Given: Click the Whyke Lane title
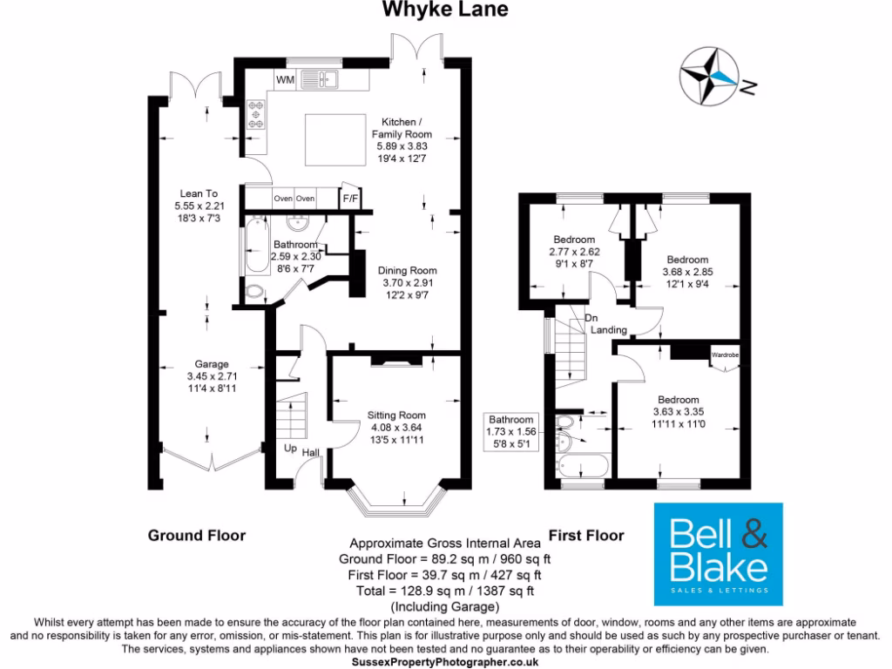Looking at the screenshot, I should point(445,10).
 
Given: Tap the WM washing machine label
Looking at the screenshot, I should point(285,80).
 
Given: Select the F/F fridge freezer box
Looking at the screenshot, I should point(351,199).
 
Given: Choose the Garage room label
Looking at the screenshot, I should point(211,364).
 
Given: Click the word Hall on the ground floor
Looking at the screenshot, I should point(311,453).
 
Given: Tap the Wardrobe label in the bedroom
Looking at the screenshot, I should point(725,355).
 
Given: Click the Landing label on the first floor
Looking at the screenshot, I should point(609,331).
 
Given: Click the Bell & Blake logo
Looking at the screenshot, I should point(719,554).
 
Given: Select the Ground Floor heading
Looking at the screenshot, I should point(196,535).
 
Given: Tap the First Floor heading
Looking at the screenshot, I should point(587,535).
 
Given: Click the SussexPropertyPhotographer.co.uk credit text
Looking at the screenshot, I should point(445,662).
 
